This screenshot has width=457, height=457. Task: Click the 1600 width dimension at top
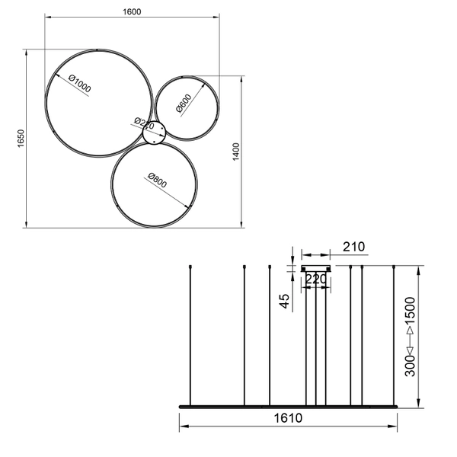pos(133,11)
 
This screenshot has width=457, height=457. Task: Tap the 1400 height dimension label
pos(236,152)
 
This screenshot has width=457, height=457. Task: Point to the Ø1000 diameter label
pos(78,85)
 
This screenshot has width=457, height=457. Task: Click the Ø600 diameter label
pos(184,104)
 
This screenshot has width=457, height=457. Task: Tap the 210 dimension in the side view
pos(354,247)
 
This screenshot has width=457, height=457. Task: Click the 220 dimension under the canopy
pos(315,280)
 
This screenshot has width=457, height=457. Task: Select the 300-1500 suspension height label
pos(410,338)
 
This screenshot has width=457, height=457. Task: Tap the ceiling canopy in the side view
pos(317,268)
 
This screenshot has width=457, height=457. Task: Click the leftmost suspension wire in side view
pos(190,335)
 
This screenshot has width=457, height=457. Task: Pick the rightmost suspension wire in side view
pos(393,335)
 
